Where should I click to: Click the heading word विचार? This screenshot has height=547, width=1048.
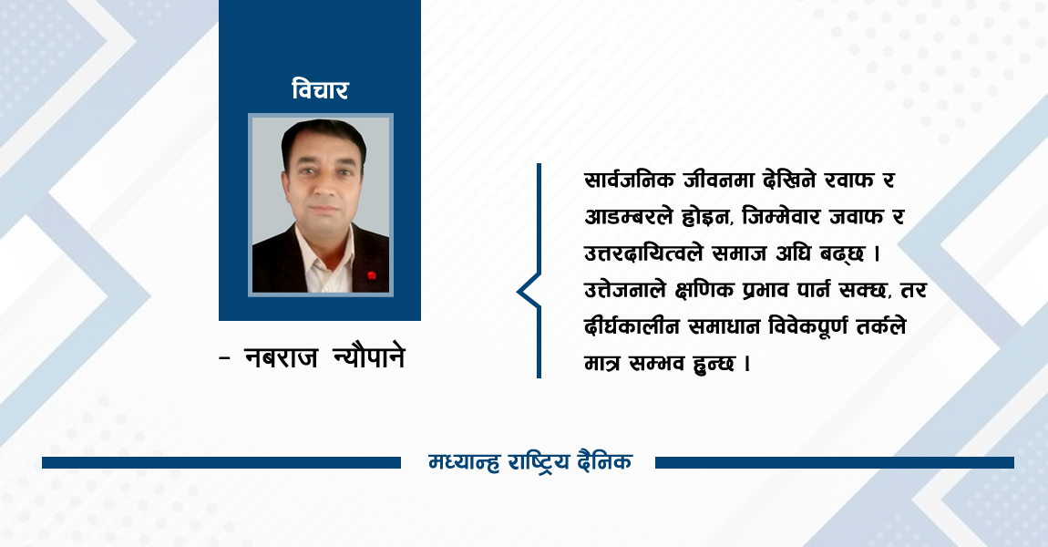(320, 90)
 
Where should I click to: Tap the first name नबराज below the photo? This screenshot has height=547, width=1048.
(282, 358)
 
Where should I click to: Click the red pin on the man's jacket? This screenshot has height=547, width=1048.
(371, 273)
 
